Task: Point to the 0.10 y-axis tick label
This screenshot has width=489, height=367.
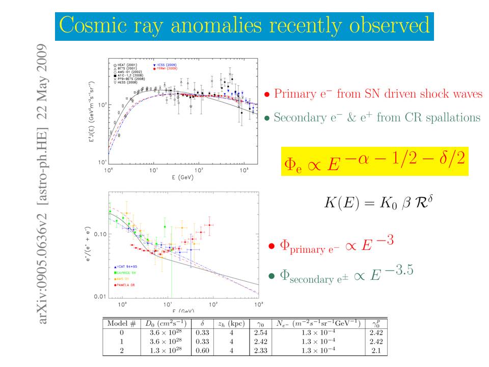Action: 99,234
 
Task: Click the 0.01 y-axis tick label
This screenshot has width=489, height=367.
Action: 99,297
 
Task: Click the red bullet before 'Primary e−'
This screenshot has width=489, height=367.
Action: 267,95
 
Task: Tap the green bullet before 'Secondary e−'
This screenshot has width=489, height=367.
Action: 267,118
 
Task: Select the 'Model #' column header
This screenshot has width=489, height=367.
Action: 121,323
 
